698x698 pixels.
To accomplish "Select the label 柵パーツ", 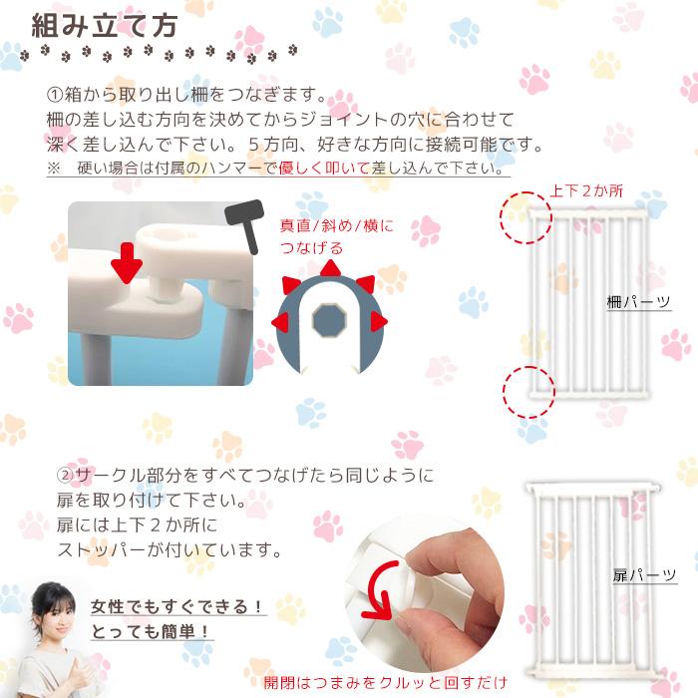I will [x=639, y=300].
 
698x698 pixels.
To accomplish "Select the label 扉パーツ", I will [x=637, y=575].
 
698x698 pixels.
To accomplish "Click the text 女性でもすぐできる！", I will [x=177, y=606].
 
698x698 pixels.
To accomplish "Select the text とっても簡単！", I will [x=152, y=631].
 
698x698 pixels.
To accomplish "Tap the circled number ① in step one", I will [x=56, y=96].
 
